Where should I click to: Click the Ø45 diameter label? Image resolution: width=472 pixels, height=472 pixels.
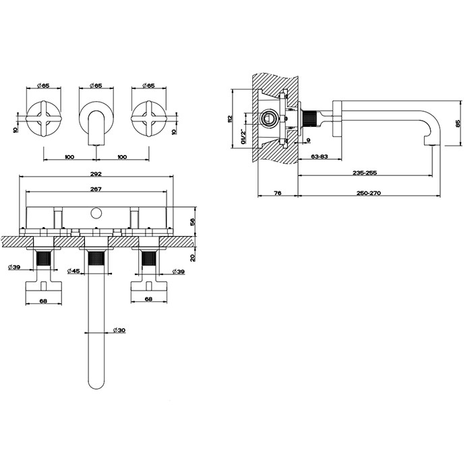pyautogui.click(x=74, y=271)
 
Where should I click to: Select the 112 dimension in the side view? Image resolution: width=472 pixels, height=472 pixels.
pyautogui.click(x=230, y=119)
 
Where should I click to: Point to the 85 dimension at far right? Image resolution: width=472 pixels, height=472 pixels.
pyautogui.click(x=457, y=124)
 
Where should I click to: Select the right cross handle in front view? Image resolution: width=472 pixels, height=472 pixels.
pyautogui.click(x=148, y=119)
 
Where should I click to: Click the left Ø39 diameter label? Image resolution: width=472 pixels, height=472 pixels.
pyautogui.click(x=14, y=268)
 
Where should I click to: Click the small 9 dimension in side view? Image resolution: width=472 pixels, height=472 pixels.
pyautogui.click(x=307, y=141)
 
